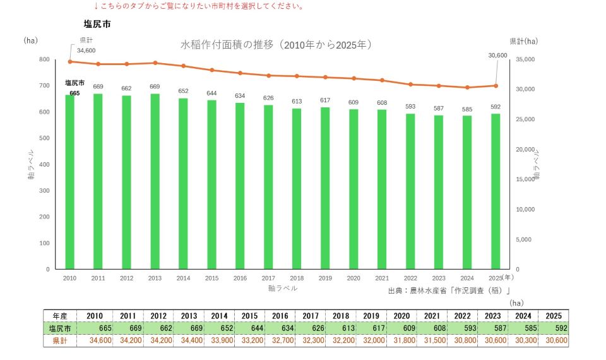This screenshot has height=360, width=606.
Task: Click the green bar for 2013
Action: tap(155, 181)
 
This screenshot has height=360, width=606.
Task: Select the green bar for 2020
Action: tap(353, 189)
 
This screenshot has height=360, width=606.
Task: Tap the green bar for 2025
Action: tap(496, 191)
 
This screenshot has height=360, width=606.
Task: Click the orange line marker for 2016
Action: tap(240, 73)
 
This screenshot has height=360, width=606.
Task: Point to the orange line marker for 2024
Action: tap(467, 87)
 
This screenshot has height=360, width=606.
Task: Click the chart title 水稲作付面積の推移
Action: tap(227, 45)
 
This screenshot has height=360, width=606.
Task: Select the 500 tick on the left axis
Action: tap(44, 138)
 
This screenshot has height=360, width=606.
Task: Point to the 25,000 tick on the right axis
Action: tap(525, 119)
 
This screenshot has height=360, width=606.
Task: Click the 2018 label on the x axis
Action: tap(297, 278)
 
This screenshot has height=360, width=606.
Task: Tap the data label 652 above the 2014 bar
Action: tap(183, 91)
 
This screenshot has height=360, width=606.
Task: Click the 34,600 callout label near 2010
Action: tap(86, 51)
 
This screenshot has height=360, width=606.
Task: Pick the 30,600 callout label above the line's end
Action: tap(498, 56)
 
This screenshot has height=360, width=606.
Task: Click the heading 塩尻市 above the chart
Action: tap(97, 24)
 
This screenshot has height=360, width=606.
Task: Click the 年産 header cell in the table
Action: tap(60, 316)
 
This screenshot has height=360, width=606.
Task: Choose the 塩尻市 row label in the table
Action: tap(60, 328)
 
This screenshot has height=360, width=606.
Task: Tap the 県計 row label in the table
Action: tap(60, 340)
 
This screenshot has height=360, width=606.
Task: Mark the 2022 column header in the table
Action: tap(462, 316)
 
